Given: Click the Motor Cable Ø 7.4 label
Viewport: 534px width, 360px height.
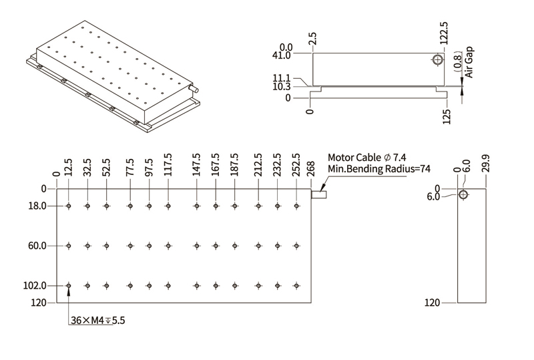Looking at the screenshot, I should tap(366, 158).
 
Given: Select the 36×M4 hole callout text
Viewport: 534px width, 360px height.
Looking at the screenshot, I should tap(98, 321).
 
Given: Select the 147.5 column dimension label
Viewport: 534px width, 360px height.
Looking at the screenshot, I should tap(196, 166).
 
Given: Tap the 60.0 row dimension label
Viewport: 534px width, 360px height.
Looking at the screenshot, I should tap(37, 246).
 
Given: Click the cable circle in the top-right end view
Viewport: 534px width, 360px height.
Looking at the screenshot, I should tap(437, 60).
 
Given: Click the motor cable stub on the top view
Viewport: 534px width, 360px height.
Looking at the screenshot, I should tap(318, 195).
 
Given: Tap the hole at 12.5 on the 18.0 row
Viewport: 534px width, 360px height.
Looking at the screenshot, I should tap(69, 206).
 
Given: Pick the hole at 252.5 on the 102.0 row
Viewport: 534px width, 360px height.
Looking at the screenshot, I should tap(296, 286).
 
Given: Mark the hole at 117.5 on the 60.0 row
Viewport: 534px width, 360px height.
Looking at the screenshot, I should tap(168, 246).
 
